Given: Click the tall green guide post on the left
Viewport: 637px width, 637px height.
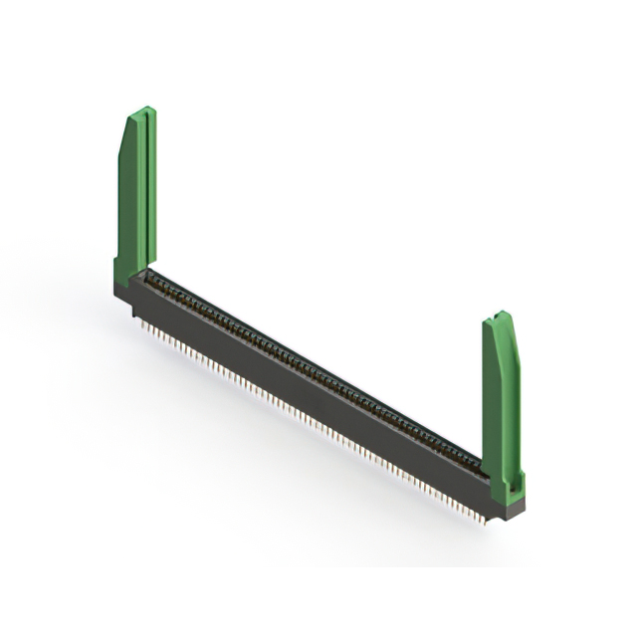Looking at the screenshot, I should (134, 194).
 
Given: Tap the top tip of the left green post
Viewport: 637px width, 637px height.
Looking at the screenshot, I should (146, 110).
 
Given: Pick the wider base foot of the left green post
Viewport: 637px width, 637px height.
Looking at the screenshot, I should (128, 269).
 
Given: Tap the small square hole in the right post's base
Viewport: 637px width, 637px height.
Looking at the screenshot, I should (515, 489).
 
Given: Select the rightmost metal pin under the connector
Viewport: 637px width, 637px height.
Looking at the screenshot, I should (484, 519).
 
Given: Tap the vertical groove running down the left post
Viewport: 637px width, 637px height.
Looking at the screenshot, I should (145, 189).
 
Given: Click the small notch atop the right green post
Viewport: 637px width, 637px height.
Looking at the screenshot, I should (501, 317).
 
